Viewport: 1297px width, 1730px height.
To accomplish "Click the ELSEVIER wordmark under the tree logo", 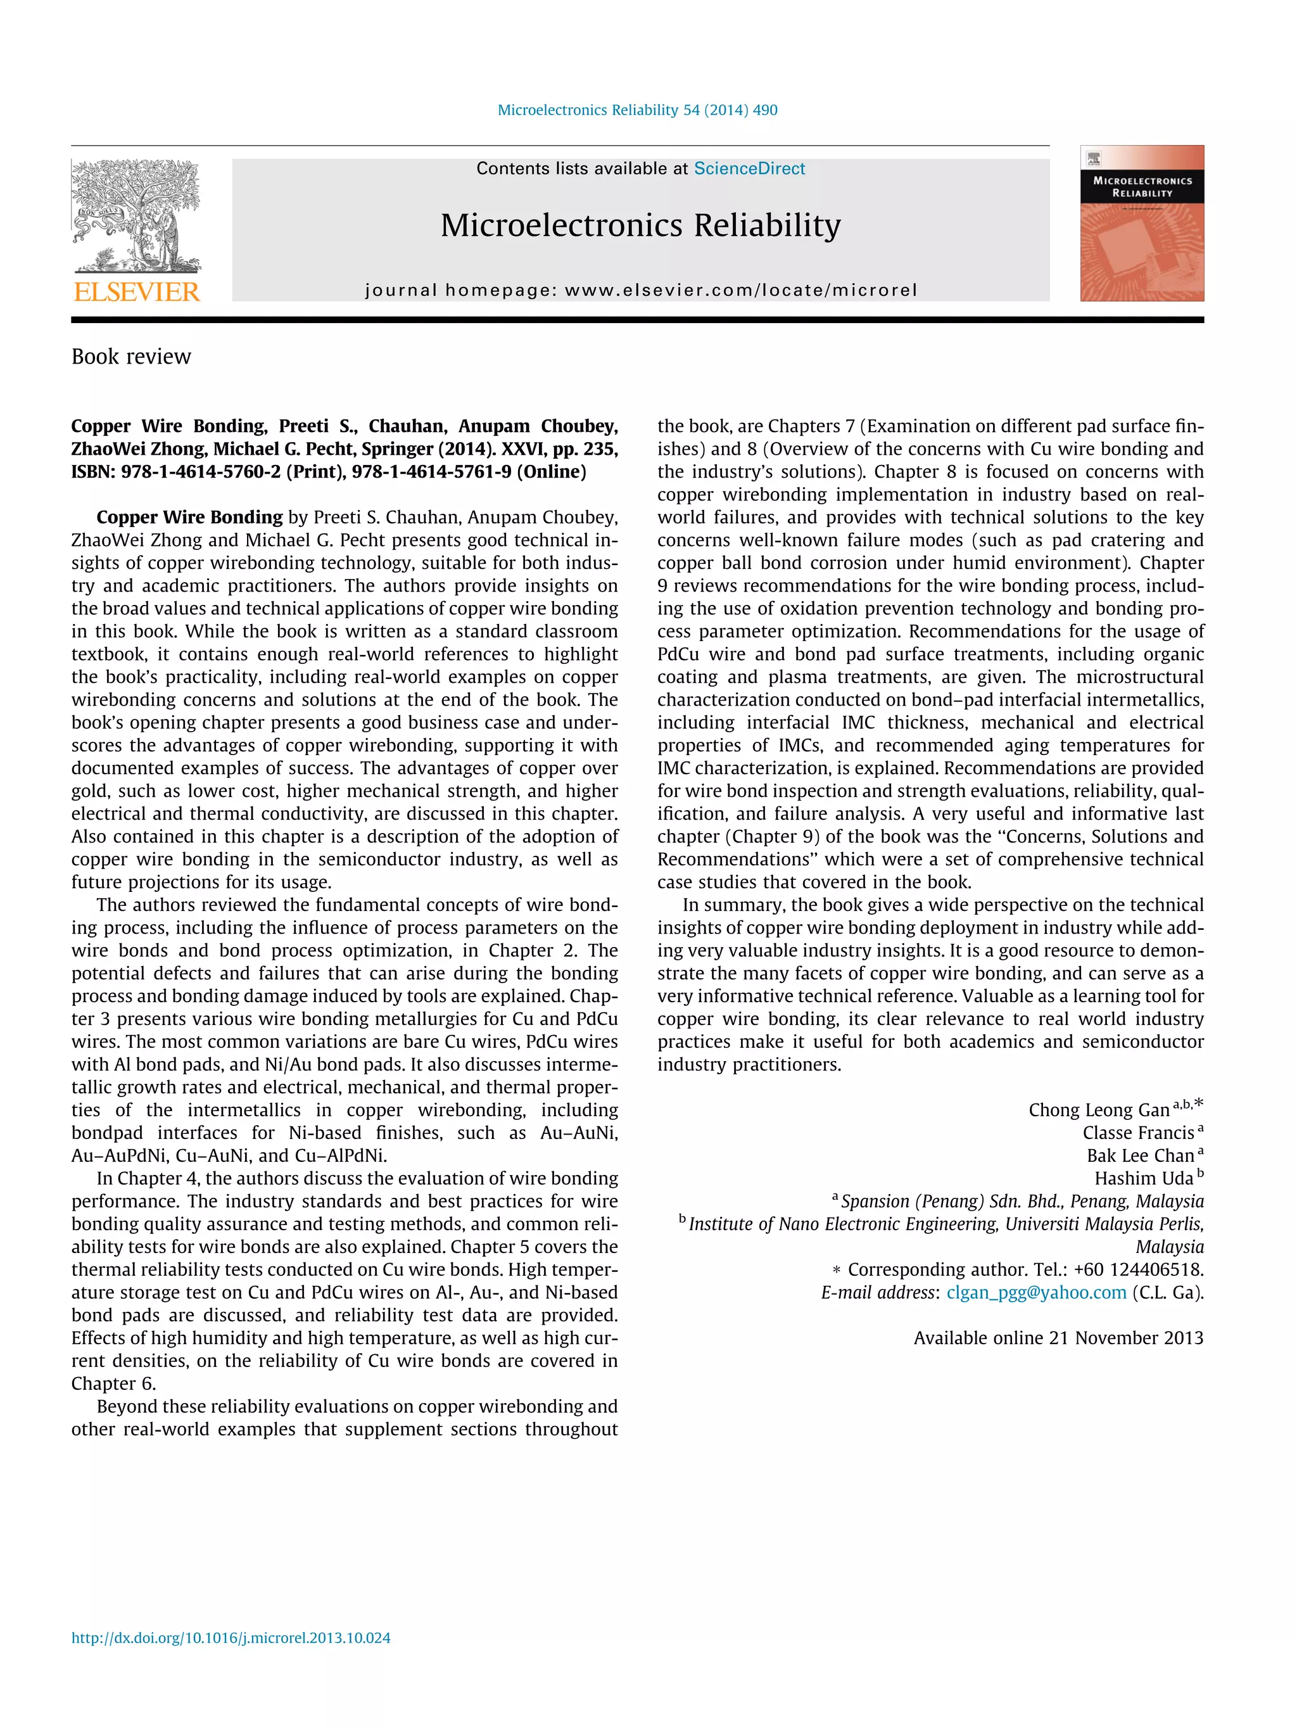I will click(137, 292).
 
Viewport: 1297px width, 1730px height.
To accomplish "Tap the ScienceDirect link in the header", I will click(749, 169).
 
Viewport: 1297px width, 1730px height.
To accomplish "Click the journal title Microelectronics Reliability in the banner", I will click(640, 226).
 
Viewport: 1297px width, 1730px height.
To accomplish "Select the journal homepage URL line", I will click(640, 290).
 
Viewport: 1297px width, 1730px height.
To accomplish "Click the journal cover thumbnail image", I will click(1141, 223).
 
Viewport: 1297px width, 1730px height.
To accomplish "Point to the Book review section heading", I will click(131, 357).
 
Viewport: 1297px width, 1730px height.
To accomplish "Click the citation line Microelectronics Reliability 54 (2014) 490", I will click(637, 110).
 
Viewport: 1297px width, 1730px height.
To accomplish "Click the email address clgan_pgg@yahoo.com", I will click(1036, 1292).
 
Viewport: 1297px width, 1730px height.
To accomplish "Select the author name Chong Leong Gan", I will click(1098, 1110).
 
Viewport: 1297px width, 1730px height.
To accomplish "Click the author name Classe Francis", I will click(1137, 1133).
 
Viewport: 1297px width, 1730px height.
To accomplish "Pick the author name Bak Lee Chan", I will click(1140, 1155).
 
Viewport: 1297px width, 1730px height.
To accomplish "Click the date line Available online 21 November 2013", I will click(1058, 1337).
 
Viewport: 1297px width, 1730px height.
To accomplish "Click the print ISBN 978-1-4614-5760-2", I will click(200, 471).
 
